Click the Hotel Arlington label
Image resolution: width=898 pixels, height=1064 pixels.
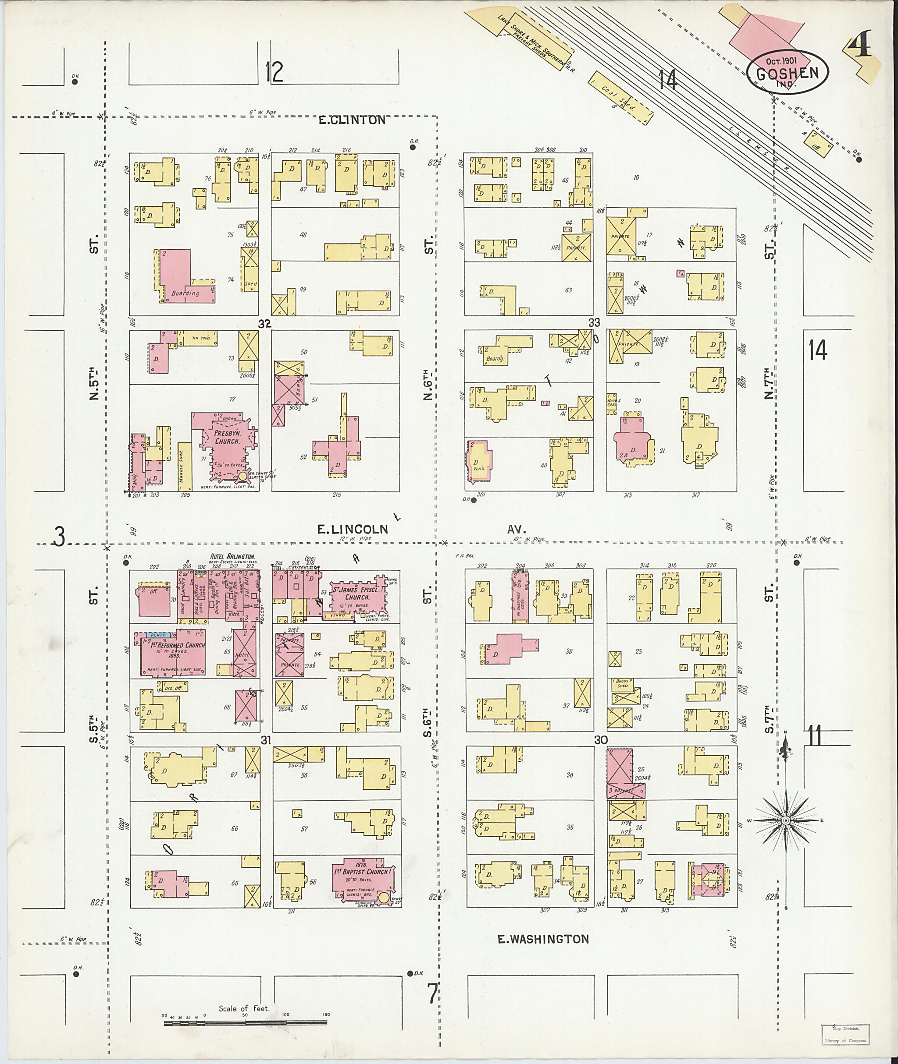tap(233, 557)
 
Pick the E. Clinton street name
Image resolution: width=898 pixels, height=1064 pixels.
tap(352, 120)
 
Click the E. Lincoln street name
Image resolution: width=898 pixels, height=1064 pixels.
tap(352, 530)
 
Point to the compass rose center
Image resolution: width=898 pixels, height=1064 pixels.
tap(785, 821)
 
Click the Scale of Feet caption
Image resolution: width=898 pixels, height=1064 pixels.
tap(244, 1008)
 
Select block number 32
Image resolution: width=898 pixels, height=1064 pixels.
tap(264, 323)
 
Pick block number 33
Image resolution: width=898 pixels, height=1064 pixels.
tap(594, 322)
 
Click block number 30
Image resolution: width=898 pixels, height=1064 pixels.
tap(601, 739)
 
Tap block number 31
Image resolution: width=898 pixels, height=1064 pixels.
tap(265, 740)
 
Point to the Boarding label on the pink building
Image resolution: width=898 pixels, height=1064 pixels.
tap(185, 293)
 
